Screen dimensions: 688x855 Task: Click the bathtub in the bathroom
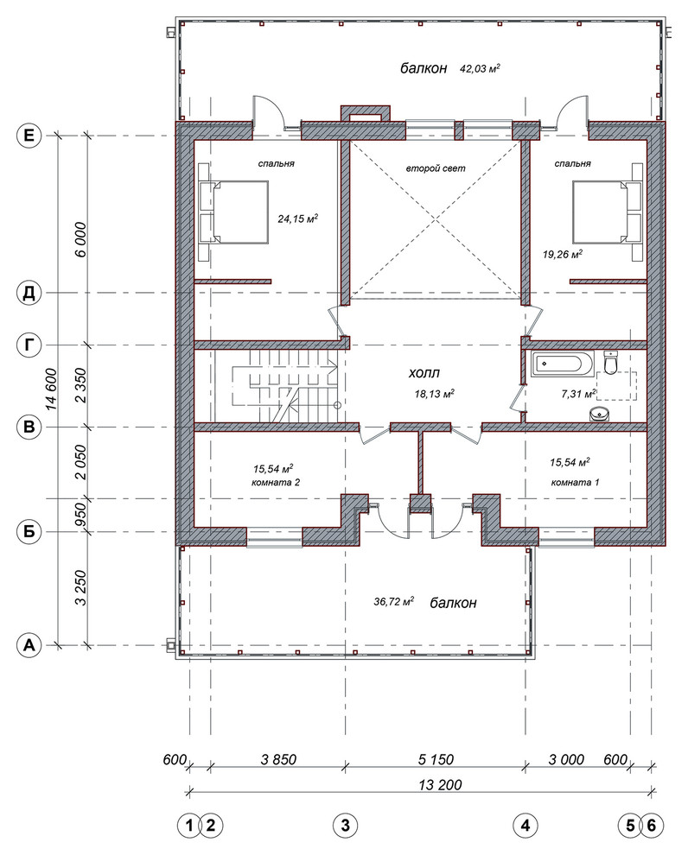560,364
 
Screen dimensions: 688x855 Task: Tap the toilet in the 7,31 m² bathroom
611,362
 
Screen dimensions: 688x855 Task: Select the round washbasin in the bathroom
600,414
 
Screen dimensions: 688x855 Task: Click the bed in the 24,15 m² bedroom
234,212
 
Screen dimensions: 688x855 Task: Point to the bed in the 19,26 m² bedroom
608,212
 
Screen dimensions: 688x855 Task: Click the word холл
424,373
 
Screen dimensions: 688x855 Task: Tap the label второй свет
436,168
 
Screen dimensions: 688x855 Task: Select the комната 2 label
276,483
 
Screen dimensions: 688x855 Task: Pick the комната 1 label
575,483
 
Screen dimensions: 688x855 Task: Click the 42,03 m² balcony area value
480,69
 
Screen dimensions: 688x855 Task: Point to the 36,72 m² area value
394,601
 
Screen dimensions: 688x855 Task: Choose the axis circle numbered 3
345,826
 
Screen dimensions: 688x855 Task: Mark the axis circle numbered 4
525,826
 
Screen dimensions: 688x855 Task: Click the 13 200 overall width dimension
440,785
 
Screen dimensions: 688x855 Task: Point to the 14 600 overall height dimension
51,389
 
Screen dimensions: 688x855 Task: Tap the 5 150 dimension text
436,760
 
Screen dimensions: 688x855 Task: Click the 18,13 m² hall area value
435,394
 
